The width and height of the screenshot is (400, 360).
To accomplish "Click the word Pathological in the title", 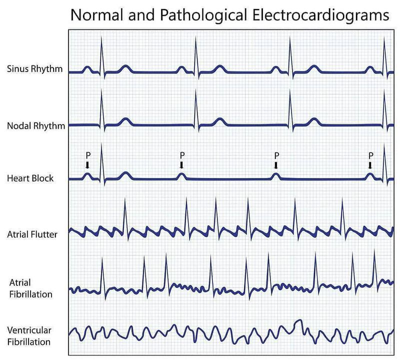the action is [203, 15].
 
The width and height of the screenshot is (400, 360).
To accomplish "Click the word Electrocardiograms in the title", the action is [320, 15].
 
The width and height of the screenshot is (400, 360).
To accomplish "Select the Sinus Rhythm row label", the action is [34, 69].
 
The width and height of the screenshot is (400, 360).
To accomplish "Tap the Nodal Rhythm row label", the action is [36, 126].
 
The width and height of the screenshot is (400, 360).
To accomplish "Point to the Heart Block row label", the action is [30, 178].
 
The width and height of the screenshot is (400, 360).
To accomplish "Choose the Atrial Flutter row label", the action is [32, 234].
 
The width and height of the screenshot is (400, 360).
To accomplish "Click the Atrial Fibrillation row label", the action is [31, 288].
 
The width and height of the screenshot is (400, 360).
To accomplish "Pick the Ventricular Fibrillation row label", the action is [29, 336].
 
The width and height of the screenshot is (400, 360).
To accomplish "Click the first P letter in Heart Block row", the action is [88, 155].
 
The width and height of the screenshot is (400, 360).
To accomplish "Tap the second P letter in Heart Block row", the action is [182, 155].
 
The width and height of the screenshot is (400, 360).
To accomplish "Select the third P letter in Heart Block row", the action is [276, 155].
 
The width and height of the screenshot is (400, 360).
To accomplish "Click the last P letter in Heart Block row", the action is [370, 155].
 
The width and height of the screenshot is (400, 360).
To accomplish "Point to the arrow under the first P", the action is [87, 165].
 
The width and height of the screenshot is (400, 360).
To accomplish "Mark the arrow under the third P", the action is [276, 165].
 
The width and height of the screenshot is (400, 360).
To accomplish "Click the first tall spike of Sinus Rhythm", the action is [101, 56].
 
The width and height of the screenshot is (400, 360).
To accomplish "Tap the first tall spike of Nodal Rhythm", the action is [101, 109].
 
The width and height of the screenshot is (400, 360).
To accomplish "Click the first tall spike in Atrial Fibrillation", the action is [102, 278].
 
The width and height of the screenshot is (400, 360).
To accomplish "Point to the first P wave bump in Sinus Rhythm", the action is [87, 68].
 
